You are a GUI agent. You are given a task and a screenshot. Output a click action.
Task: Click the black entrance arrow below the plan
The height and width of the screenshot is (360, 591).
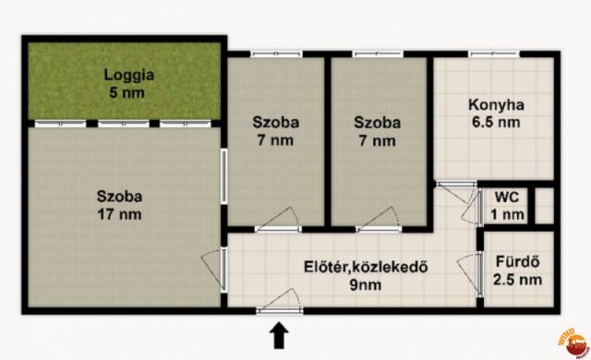279,335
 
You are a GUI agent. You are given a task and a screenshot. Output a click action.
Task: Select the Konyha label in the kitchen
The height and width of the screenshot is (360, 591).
496,104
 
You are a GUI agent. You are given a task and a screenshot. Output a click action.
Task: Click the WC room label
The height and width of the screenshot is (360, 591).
507,197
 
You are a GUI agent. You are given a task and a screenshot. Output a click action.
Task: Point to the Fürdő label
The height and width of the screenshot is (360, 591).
517,261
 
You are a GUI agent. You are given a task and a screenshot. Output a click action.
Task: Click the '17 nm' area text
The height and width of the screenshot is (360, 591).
119,215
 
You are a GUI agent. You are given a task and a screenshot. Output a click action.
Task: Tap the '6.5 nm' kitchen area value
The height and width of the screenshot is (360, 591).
496,123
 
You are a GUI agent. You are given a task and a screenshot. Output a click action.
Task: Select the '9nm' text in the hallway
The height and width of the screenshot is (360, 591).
366,285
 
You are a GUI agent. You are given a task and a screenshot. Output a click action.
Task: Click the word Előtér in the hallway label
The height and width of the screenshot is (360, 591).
324,267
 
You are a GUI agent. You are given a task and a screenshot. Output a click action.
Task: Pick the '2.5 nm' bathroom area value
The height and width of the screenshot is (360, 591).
517,280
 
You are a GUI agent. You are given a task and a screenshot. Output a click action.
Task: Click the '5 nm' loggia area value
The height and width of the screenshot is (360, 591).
127,92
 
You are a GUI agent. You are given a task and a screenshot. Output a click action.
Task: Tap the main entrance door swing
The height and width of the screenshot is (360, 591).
280,301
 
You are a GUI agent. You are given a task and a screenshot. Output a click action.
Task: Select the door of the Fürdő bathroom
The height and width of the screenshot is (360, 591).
470,272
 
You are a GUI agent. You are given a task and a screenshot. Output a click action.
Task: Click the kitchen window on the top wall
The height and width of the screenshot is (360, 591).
494,54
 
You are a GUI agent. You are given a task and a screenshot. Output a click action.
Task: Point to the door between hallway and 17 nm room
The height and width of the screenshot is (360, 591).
213,269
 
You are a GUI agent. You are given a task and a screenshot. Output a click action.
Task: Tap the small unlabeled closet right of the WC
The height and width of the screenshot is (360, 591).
544,206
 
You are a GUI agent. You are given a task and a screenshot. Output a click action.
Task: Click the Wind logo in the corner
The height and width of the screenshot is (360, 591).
574,342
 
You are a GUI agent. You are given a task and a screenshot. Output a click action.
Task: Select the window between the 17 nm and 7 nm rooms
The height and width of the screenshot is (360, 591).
223,176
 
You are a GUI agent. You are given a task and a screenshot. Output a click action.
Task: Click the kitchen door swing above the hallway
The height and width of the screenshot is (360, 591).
456,193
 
